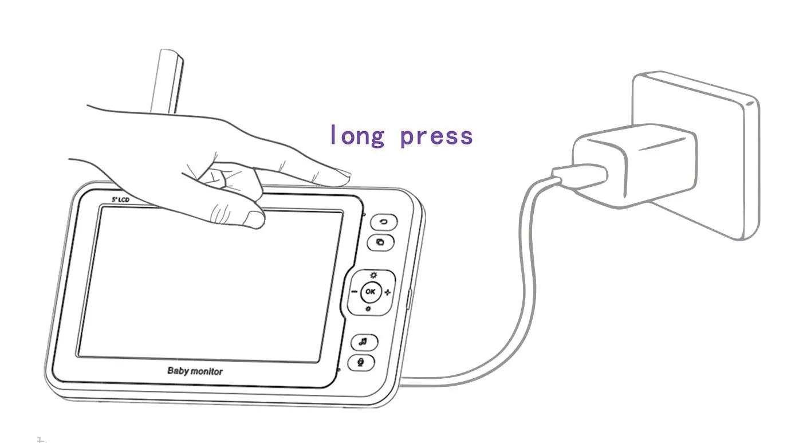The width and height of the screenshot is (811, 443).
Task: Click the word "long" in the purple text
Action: tap(357, 135)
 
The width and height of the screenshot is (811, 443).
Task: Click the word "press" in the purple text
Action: tap(436, 137)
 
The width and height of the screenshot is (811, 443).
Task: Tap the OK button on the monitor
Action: tap(371, 292)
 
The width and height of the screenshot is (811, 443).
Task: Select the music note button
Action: tap(364, 342)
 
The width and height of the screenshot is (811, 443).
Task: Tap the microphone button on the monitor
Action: tap(361, 363)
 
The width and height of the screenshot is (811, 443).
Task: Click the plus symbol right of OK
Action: tap(388, 292)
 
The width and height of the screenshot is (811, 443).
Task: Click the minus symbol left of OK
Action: tap(355, 292)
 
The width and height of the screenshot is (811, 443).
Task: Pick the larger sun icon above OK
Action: tap(373, 275)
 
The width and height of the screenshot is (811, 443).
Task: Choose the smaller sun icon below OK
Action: tap(368, 309)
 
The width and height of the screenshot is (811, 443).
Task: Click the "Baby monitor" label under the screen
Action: tap(195, 371)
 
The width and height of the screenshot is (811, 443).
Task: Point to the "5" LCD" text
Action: tap(121, 199)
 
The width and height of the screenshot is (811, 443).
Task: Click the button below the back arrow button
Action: tap(380, 242)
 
